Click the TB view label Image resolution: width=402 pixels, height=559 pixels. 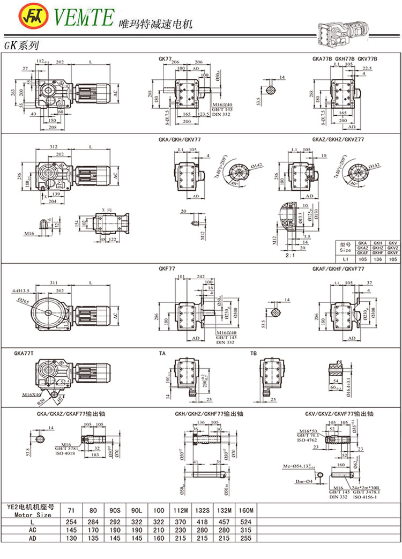tap(254, 354)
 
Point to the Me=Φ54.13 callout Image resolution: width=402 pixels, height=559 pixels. tap(299, 467)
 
